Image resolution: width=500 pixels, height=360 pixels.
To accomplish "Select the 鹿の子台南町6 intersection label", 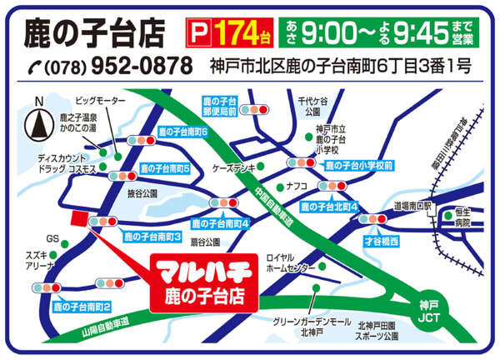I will coord(182,132).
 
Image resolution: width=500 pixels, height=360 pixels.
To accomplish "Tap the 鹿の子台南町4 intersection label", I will coord(221,223).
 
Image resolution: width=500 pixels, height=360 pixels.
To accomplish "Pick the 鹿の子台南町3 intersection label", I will coord(152,237).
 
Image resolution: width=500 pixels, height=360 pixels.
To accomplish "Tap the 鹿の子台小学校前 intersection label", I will coord(358,166).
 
